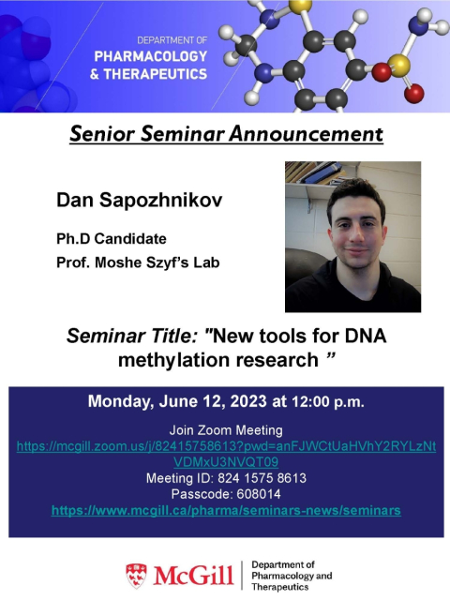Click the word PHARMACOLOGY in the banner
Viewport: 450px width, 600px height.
[151, 56]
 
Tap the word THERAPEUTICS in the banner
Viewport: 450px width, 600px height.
[156, 74]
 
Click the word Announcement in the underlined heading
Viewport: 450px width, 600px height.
[307, 134]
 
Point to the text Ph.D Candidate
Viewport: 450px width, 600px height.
[112, 239]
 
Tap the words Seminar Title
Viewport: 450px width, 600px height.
[132, 336]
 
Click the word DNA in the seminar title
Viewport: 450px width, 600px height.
[366, 336]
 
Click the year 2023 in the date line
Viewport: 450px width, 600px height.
[248, 401]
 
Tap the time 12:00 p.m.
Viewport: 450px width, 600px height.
[328, 402]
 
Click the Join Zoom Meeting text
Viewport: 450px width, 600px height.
[226, 430]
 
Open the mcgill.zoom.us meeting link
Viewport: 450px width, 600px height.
[226, 454]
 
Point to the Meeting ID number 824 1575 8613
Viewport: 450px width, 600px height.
[262, 478]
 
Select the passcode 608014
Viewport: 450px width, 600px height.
[259, 494]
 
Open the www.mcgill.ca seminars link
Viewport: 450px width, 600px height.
[226, 510]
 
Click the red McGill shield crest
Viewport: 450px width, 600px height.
[136, 575]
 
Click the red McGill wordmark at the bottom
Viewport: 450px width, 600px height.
[193, 575]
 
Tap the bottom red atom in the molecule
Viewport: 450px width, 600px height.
[414, 94]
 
